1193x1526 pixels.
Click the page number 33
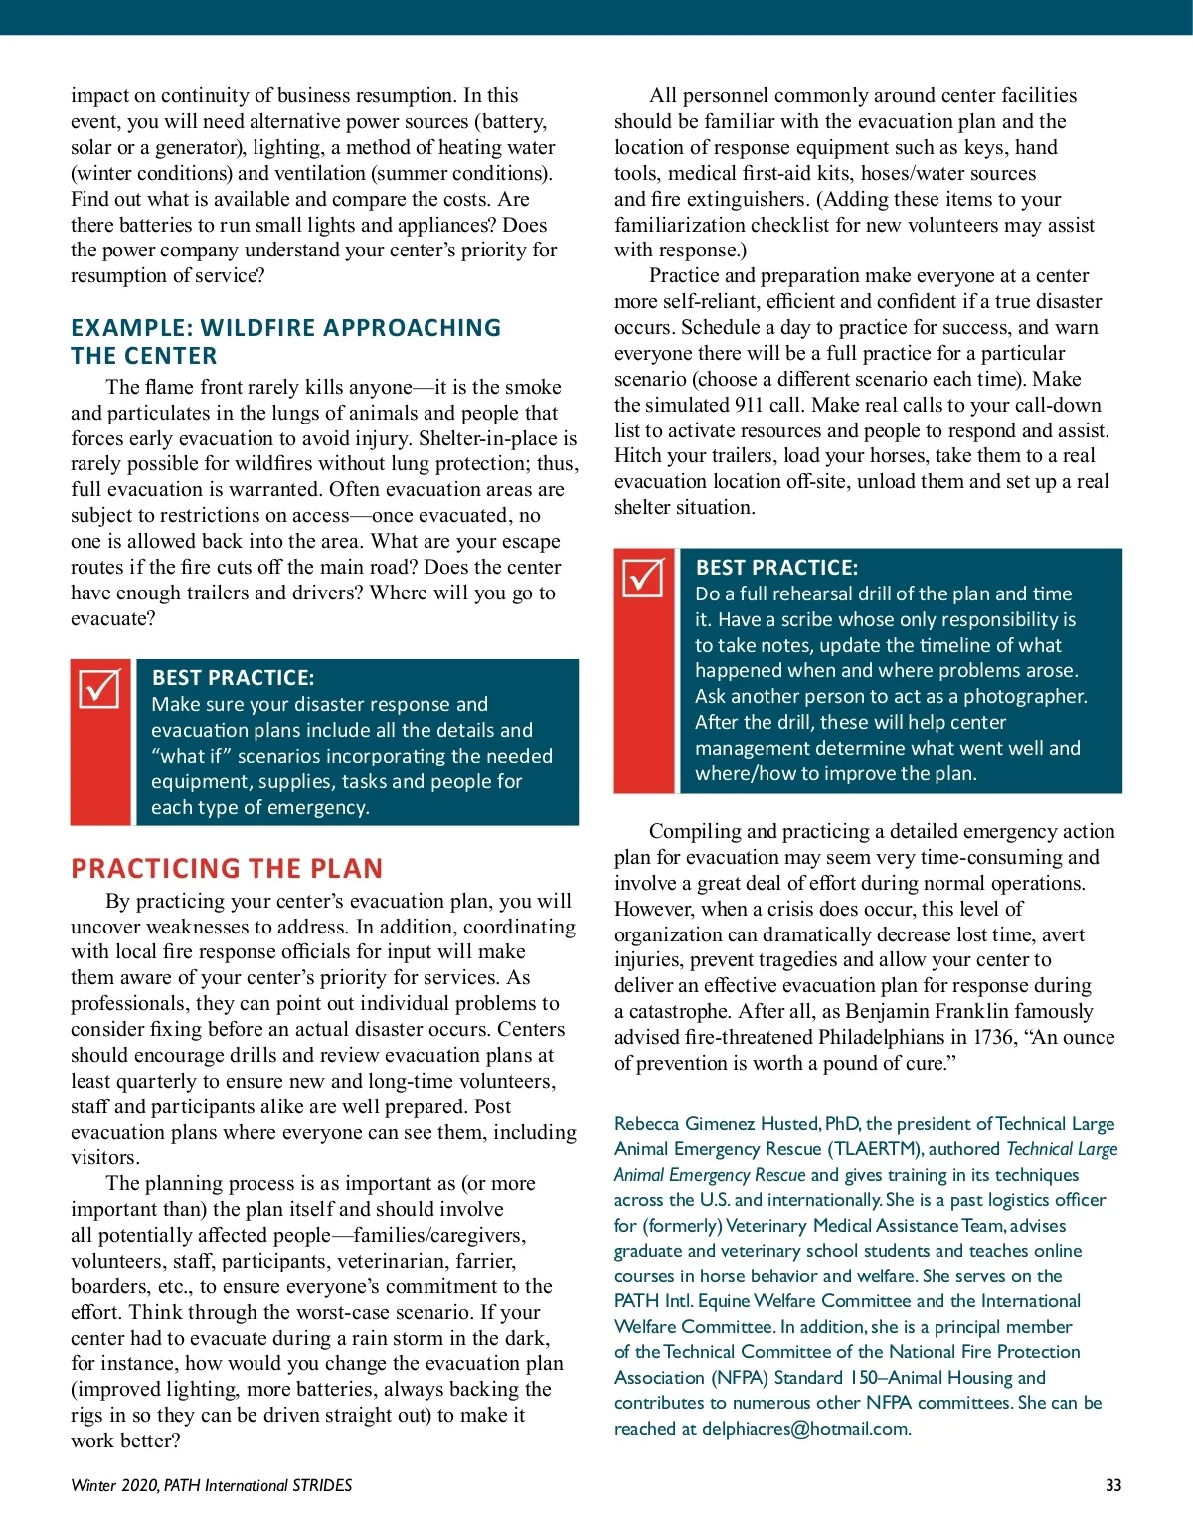click(x=1113, y=1485)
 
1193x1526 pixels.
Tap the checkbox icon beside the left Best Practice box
click(x=99, y=688)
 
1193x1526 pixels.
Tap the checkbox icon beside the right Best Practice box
click(x=643, y=578)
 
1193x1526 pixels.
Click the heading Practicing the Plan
click(x=227, y=868)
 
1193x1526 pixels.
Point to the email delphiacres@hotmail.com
click(x=805, y=1429)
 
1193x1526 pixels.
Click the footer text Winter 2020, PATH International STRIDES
click(x=212, y=1485)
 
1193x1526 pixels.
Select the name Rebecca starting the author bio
click(x=647, y=1124)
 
